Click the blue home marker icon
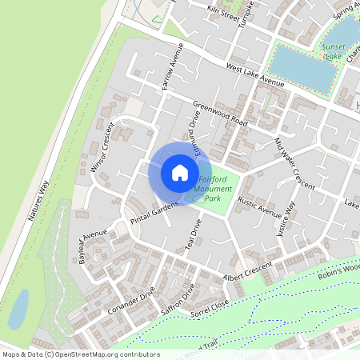(179, 173)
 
